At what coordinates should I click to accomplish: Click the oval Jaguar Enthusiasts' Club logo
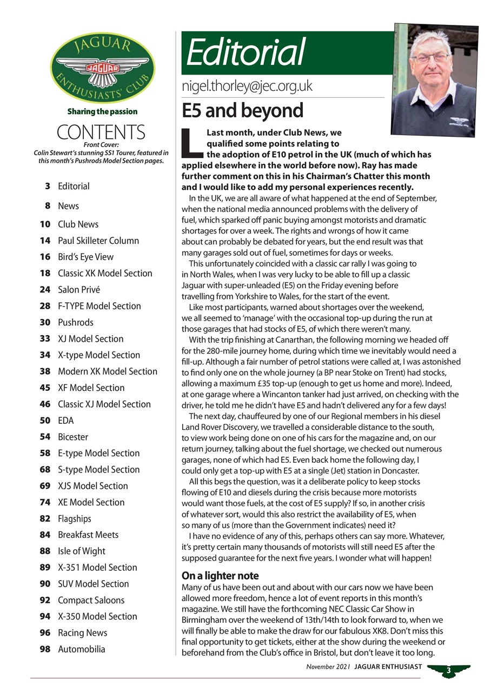click(x=102, y=68)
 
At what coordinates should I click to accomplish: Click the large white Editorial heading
click(x=246, y=53)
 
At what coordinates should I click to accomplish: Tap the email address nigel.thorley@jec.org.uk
click(x=247, y=86)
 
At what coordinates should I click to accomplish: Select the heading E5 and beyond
click(x=242, y=110)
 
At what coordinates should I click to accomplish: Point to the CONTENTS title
click(x=101, y=132)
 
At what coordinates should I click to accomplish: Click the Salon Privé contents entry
click(x=79, y=289)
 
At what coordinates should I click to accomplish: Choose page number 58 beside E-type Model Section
click(x=45, y=453)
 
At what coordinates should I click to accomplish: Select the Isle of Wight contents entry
click(x=82, y=551)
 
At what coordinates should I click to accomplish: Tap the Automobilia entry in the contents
click(x=82, y=649)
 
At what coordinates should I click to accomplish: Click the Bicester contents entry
click(x=73, y=436)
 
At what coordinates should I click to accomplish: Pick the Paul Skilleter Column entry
click(x=98, y=241)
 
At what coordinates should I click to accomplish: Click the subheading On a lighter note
click(x=220, y=576)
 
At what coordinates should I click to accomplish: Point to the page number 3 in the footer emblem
click(x=448, y=671)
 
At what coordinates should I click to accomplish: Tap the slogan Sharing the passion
click(x=102, y=111)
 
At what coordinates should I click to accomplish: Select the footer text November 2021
click(x=328, y=667)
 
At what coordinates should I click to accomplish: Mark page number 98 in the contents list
click(x=45, y=649)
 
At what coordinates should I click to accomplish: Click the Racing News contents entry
click(x=82, y=633)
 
